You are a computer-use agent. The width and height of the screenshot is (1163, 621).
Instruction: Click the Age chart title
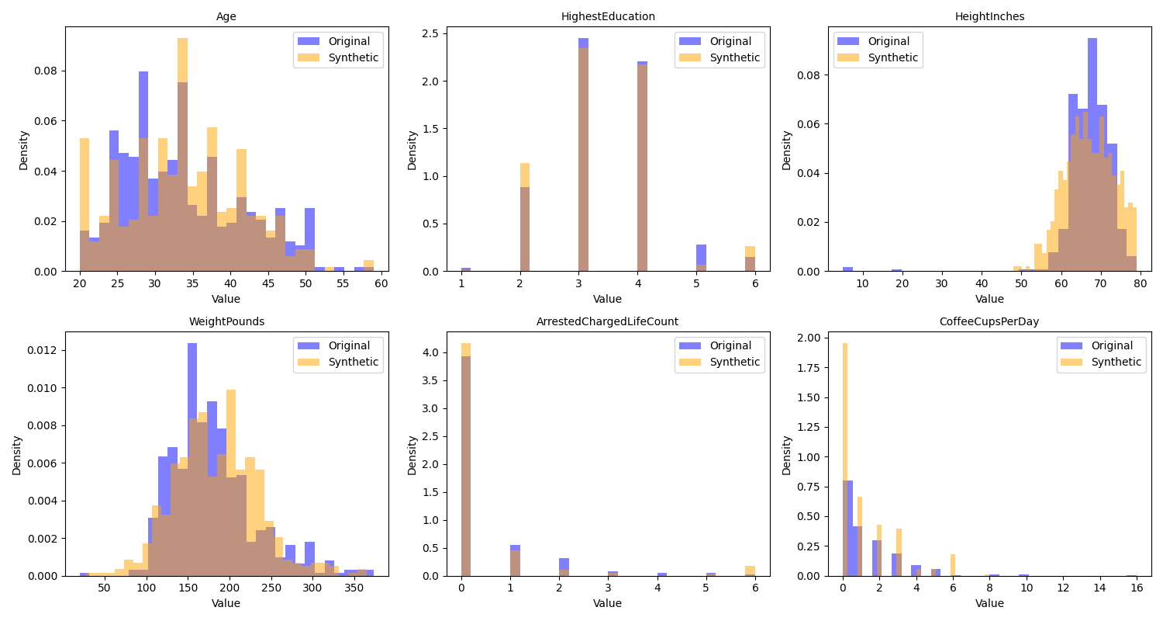click(226, 16)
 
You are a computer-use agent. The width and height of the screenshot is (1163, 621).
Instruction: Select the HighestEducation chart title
click(608, 16)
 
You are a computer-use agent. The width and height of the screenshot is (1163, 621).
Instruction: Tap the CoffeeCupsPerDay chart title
click(989, 321)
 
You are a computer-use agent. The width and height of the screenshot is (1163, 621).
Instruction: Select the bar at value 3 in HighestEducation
click(583, 155)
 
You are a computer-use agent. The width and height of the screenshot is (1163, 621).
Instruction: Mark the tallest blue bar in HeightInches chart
click(1092, 155)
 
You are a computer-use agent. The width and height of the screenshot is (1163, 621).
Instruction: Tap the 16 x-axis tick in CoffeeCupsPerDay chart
click(1137, 588)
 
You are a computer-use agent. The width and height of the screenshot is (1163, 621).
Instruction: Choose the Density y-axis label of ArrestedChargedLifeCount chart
click(412, 454)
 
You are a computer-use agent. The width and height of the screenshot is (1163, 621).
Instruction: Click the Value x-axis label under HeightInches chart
click(989, 299)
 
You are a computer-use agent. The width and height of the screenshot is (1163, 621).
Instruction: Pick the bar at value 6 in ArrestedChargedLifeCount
click(750, 571)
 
